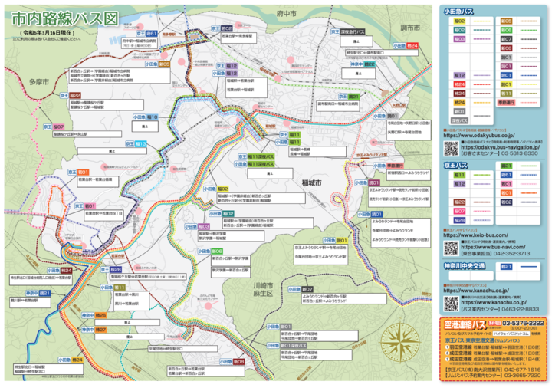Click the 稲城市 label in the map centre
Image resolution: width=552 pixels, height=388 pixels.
coord(312,184)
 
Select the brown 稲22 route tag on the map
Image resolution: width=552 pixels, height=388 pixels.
coord(76,95)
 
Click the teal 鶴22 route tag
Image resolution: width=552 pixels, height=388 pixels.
coord(370,64)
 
